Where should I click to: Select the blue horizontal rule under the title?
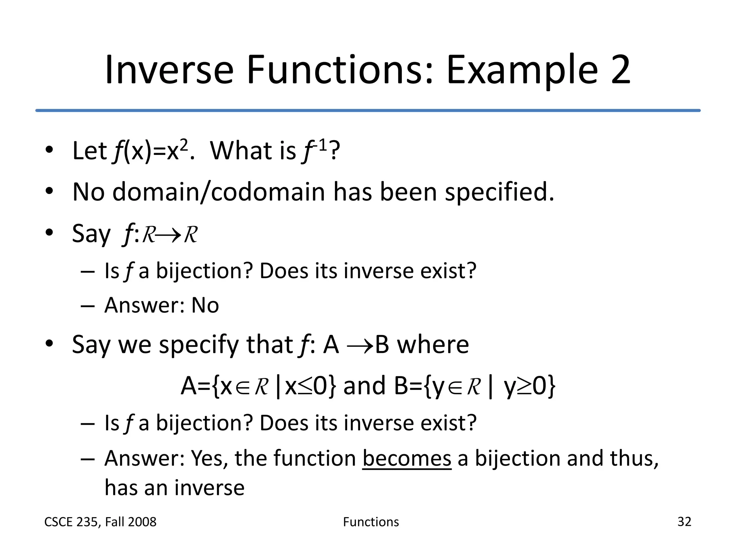[x=368, y=110]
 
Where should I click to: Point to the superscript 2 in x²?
[x=183, y=144]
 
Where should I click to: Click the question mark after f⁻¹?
[x=335, y=151]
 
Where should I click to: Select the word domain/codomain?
[x=218, y=192]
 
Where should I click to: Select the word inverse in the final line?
[x=210, y=488]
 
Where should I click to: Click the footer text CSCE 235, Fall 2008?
[x=100, y=522]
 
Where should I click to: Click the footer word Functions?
[x=371, y=522]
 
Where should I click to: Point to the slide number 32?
[x=684, y=521]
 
